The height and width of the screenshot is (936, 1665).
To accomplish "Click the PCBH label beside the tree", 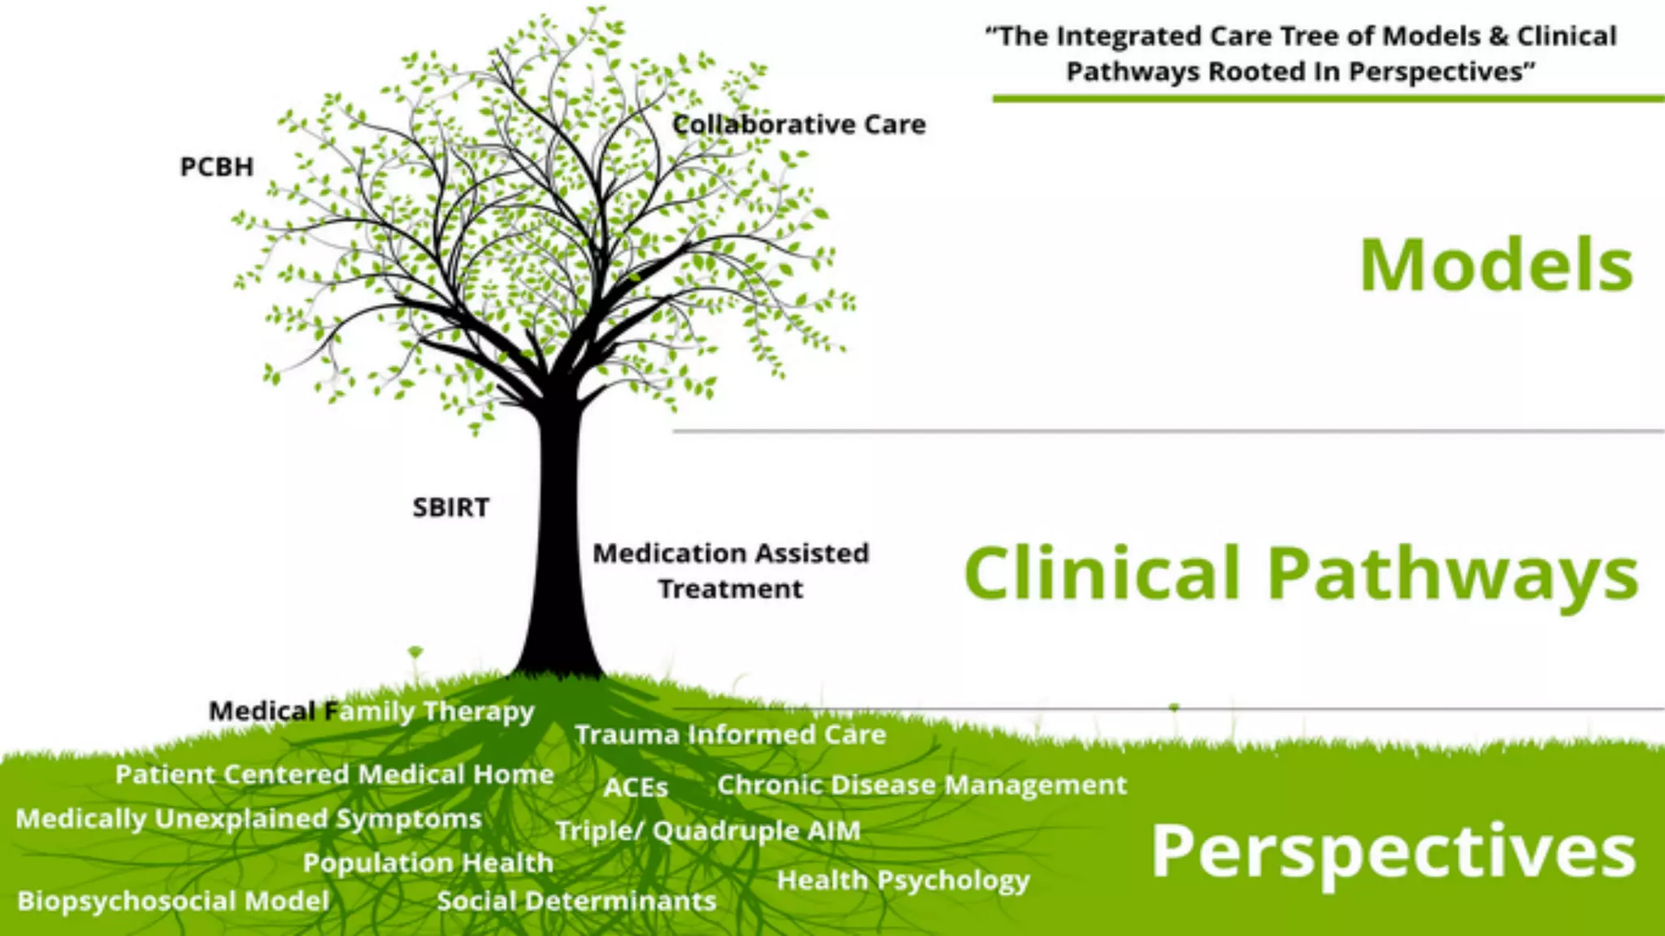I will [216, 167].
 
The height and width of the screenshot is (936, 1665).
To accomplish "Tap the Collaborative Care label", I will [799, 124].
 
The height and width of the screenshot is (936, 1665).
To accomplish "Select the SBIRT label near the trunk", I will [451, 507].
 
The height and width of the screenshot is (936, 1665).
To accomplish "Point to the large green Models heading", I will [1496, 266].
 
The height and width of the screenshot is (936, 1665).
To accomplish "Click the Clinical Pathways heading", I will [1300, 574].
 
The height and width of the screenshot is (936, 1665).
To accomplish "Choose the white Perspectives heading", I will [1393, 851].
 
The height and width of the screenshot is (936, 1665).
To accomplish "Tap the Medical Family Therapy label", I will [372, 711].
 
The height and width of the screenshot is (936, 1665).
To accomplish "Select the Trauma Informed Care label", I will [730, 734].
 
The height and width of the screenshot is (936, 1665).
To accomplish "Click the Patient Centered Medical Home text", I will [334, 774].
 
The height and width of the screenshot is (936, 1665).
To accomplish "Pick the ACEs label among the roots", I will [636, 787].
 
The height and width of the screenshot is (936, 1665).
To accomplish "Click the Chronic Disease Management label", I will [922, 785].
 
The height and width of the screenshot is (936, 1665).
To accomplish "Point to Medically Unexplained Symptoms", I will [249, 818].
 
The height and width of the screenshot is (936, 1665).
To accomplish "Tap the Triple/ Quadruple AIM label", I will [708, 830].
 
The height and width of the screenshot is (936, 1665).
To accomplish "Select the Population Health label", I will [428, 862].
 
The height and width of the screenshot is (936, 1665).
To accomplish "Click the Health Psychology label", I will [902, 880].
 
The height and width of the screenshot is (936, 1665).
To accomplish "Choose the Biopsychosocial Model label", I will [173, 900].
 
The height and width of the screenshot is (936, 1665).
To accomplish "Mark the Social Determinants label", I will [576, 900].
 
